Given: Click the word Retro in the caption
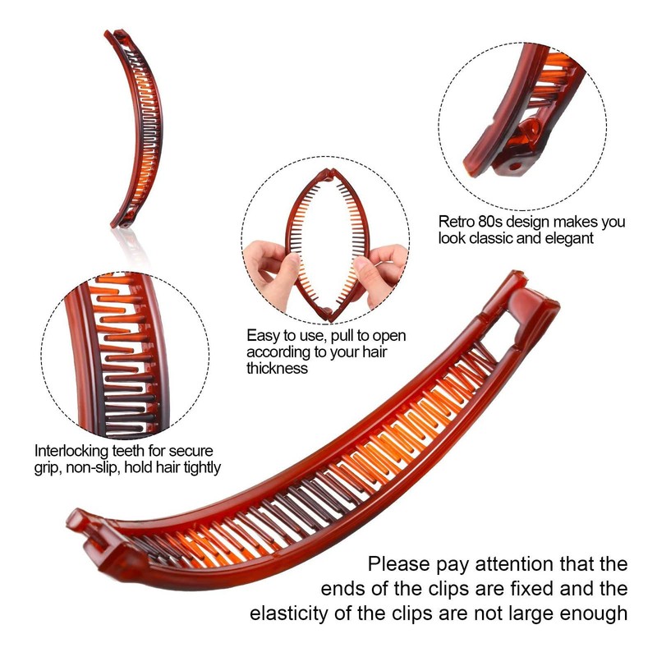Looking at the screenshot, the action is [456, 222].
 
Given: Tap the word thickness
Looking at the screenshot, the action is [278, 369].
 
